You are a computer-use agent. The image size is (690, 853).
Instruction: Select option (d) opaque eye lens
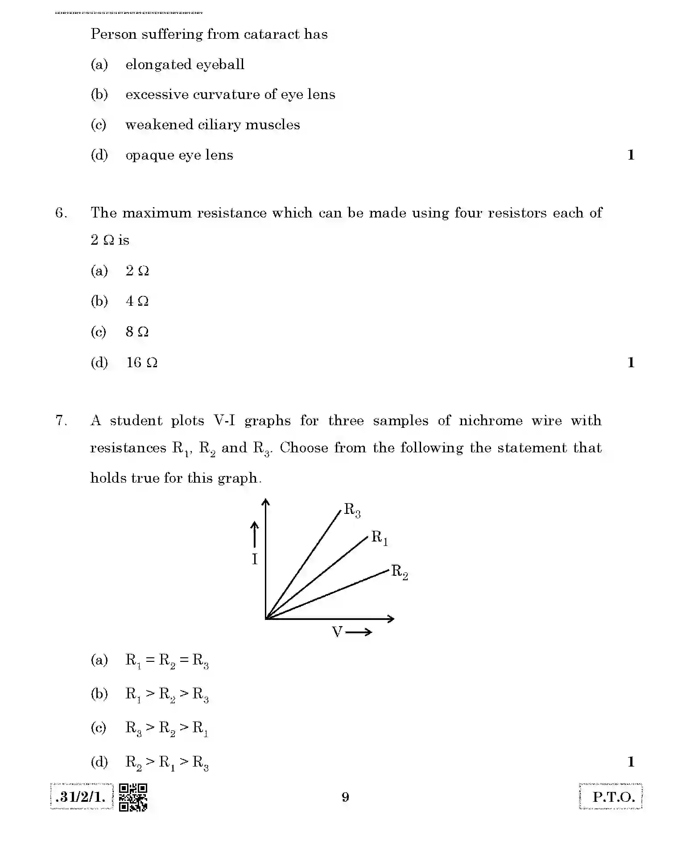[179, 155]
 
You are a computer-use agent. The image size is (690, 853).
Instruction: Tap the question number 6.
[61, 213]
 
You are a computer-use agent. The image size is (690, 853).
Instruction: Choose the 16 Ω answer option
[141, 362]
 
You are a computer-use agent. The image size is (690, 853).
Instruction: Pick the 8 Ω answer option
[137, 332]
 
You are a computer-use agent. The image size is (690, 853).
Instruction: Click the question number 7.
[61, 421]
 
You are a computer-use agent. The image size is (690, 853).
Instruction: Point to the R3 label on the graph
[352, 510]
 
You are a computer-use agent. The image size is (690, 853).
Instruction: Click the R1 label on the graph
[380, 538]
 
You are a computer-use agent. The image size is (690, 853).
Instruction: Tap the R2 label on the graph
[399, 572]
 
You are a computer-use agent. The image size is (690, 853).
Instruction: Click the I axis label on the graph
[255, 559]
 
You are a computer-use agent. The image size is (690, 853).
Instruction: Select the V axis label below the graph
[337, 632]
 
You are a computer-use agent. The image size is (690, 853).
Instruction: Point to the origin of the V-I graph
[266, 619]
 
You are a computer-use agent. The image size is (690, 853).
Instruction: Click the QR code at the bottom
[133, 797]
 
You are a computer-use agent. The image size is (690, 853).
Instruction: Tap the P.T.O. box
[611, 796]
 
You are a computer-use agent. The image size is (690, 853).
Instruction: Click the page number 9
[345, 797]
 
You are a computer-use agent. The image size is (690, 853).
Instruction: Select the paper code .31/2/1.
[81, 797]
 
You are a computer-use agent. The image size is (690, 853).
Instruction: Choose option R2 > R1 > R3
[167, 763]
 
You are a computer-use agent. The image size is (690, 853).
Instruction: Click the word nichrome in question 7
[491, 421]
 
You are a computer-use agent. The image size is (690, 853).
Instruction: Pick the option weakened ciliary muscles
[212, 125]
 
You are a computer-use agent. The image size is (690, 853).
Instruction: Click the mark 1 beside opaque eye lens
[631, 155]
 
